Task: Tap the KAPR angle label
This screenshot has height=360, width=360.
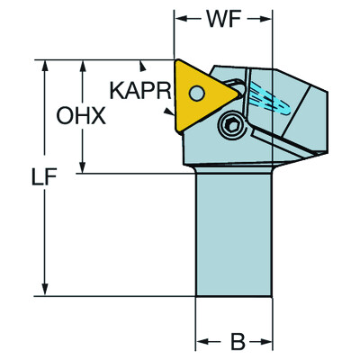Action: click(x=139, y=90)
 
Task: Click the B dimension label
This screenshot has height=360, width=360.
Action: click(x=236, y=342)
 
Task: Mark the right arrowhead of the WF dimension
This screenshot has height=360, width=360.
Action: click(x=270, y=19)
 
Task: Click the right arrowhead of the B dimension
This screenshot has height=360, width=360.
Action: click(x=270, y=342)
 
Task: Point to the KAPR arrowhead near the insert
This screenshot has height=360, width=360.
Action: click(x=172, y=112)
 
